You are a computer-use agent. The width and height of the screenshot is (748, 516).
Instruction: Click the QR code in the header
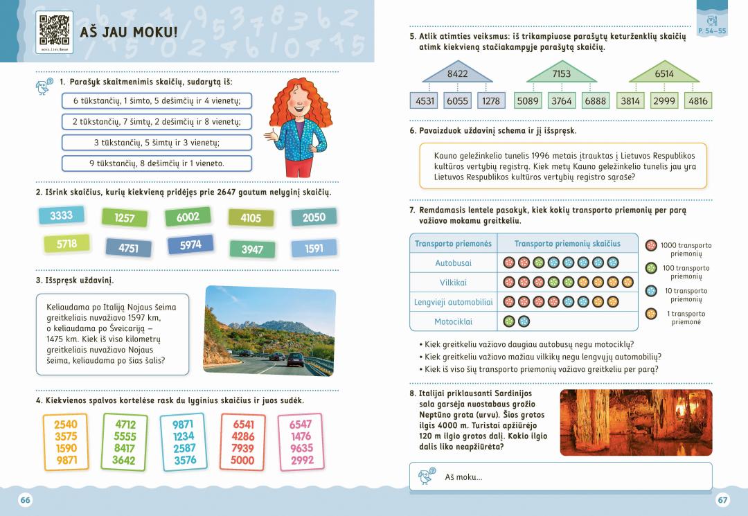[x=55, y=30]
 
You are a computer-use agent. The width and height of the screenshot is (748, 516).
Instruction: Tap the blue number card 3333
[x=61, y=215]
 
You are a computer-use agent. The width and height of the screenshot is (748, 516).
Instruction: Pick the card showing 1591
[x=314, y=248]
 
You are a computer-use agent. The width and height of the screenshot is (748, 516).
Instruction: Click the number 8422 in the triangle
[x=458, y=74]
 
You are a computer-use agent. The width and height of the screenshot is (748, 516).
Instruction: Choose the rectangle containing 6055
[x=457, y=101]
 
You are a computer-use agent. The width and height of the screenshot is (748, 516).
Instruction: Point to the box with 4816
[x=698, y=101]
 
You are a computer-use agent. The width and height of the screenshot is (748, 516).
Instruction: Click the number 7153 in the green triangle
[x=562, y=74]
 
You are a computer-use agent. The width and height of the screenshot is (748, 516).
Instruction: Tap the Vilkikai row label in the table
[x=453, y=283]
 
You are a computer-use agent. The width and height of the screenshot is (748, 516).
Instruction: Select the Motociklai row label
[x=453, y=321]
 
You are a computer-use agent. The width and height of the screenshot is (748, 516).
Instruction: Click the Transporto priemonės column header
[x=453, y=244]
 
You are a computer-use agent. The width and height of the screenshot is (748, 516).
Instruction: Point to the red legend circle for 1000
[x=651, y=245]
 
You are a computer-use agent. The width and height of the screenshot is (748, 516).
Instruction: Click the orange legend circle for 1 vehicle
[x=651, y=314]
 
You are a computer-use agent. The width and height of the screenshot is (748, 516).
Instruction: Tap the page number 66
[x=25, y=500]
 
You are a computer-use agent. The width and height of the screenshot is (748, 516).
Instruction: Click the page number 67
[x=722, y=500]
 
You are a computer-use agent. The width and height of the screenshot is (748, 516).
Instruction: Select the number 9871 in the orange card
[x=67, y=461]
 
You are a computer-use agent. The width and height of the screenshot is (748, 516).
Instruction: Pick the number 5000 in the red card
[x=243, y=461]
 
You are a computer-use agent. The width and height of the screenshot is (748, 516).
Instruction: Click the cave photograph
[x=636, y=422]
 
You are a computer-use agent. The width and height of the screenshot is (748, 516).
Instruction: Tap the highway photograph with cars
[x=269, y=331]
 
